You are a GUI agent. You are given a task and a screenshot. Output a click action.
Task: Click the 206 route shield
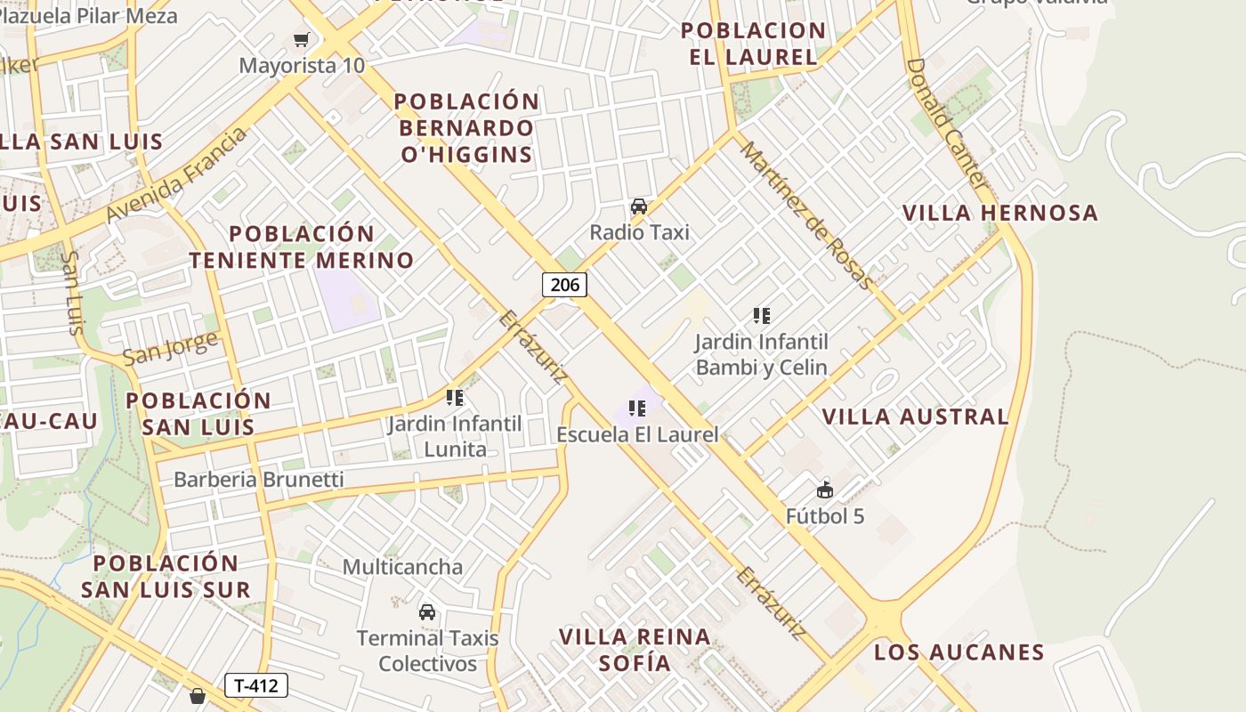pyautogui.click(x=564, y=285)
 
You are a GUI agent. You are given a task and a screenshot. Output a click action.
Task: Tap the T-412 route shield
pyautogui.click(x=256, y=685)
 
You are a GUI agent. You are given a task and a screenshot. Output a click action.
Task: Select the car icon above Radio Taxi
pyautogui.click(x=639, y=207)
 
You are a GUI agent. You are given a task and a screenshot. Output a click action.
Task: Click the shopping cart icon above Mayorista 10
pyautogui.click(x=302, y=39)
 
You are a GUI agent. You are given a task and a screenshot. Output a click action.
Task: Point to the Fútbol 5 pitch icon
pyautogui.click(x=825, y=490)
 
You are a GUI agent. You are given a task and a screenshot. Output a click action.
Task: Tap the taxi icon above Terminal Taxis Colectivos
pyautogui.click(x=427, y=611)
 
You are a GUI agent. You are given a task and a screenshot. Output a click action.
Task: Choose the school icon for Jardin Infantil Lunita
pyautogui.click(x=455, y=398)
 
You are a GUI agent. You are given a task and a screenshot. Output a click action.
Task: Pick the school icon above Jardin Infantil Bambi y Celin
pyautogui.click(x=761, y=315)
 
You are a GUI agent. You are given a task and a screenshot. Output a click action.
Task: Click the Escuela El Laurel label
pyautogui.click(x=637, y=434)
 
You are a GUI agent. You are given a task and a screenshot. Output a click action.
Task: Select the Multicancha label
pyautogui.click(x=402, y=567)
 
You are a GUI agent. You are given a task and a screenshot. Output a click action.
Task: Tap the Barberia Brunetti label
pyautogui.click(x=258, y=480)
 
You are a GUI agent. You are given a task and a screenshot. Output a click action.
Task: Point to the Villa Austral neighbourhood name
pyautogui.click(x=915, y=417)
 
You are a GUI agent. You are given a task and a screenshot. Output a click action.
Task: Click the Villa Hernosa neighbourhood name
pyautogui.click(x=1000, y=214)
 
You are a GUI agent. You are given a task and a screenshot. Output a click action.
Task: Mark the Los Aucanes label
pyautogui.click(x=959, y=652)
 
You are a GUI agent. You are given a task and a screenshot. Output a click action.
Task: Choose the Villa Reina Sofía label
pyautogui.click(x=635, y=650)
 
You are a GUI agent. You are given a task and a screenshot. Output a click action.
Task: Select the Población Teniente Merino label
pyautogui.click(x=302, y=247)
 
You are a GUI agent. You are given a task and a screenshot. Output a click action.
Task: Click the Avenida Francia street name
pyautogui.click(x=175, y=176)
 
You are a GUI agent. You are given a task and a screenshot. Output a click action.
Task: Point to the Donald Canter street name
pyautogui.click(x=947, y=123)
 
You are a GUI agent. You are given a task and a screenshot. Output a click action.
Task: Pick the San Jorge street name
pyautogui.click(x=170, y=348)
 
